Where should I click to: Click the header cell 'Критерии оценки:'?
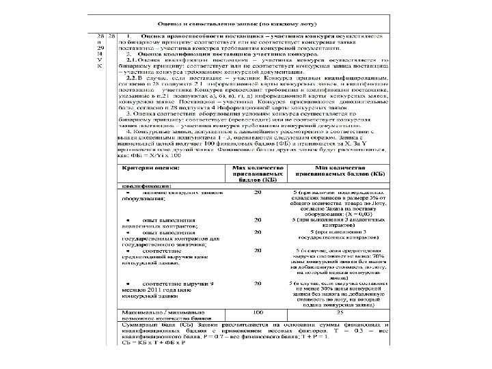(x=145, y=166)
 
